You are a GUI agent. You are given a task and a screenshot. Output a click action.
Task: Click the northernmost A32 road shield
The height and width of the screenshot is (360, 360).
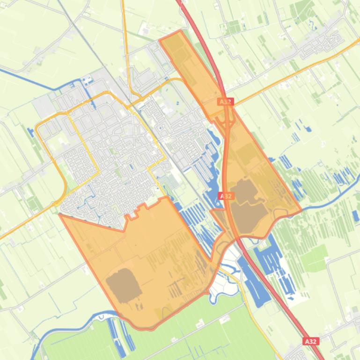[226, 101]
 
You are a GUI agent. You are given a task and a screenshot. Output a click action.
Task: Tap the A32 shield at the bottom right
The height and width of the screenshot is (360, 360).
[311, 342]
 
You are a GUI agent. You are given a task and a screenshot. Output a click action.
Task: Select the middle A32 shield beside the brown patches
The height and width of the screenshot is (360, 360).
[226, 196]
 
